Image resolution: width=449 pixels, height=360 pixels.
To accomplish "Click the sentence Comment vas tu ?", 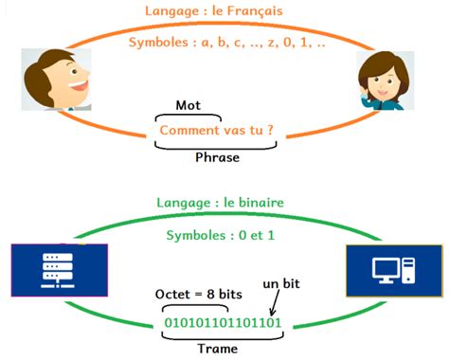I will [217, 129].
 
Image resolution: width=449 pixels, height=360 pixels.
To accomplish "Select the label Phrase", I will [217, 157].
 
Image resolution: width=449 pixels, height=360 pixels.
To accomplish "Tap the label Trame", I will [217, 349].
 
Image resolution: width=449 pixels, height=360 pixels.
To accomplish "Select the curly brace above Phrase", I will [217, 144].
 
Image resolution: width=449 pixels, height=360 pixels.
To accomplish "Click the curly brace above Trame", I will [217, 334].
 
